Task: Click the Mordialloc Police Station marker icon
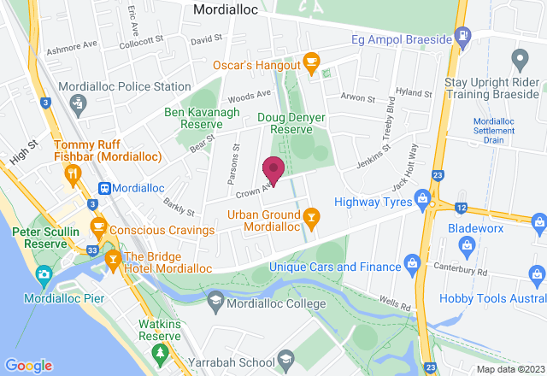79,104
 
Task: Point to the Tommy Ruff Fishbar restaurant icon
73,175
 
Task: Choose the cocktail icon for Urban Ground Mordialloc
312,220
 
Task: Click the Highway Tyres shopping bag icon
421,201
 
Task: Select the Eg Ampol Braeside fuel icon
463,36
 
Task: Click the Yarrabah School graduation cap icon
285,356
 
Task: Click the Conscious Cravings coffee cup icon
98,226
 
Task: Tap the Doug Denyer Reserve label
285,122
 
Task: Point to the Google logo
28,366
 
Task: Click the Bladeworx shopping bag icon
467,247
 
